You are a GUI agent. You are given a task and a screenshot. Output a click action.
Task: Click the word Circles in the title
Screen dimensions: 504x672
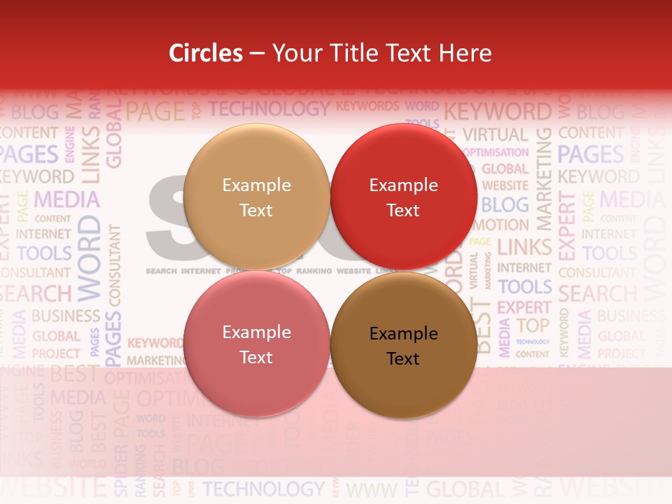click(206, 53)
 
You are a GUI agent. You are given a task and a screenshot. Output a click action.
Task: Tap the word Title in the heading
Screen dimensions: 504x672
click(353, 53)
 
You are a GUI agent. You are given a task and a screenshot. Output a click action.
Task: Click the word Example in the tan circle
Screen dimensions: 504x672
click(256, 185)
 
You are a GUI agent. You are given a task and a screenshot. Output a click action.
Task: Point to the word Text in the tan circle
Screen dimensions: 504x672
click(256, 211)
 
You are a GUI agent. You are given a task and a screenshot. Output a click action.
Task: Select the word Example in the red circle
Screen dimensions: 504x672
click(403, 185)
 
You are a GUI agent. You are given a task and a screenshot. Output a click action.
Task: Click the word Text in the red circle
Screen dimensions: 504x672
click(403, 211)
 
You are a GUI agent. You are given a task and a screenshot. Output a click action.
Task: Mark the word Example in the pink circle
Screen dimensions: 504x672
click(256, 332)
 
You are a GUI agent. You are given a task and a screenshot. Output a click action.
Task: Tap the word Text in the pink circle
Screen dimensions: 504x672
click(256, 358)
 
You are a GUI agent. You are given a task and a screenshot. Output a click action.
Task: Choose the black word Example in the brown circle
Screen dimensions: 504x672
click(403, 334)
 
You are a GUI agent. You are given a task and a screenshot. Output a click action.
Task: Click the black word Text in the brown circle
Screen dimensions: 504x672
click(403, 359)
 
